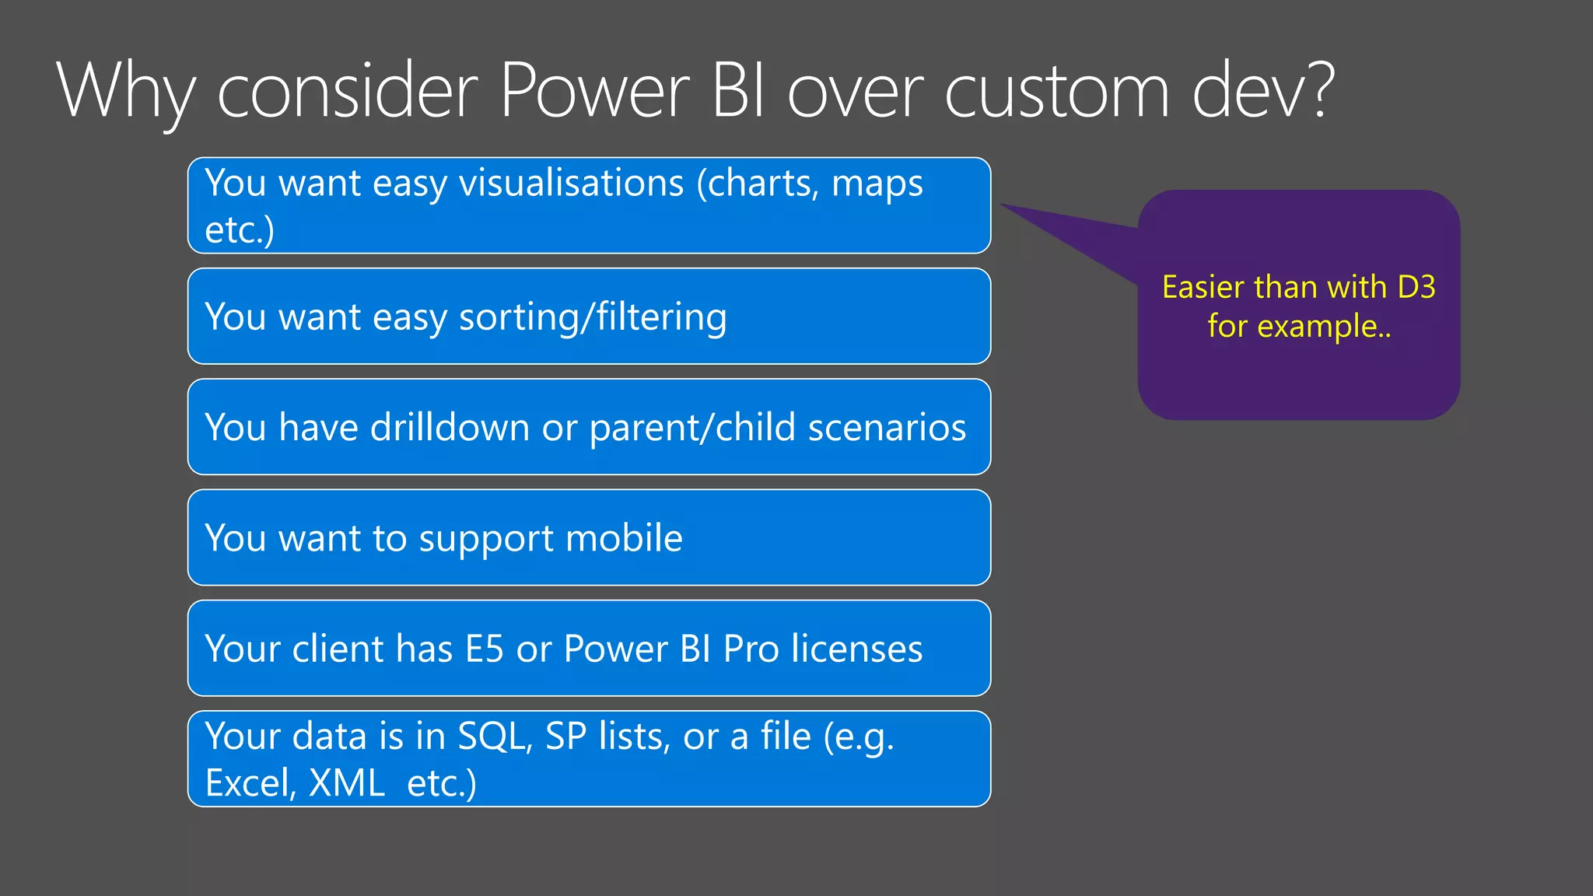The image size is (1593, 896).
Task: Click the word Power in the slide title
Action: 594,91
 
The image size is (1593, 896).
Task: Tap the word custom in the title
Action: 1057,91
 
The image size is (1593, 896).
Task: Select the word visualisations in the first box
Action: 572,184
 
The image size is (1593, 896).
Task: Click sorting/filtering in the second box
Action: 593,317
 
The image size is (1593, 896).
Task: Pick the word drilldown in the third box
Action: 450,427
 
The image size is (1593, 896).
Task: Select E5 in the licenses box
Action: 484,649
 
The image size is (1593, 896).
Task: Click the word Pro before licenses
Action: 751,649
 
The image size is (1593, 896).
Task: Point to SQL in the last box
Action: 494,736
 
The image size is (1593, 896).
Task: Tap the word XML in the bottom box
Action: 346,782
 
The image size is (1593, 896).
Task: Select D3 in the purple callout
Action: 1416,288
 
